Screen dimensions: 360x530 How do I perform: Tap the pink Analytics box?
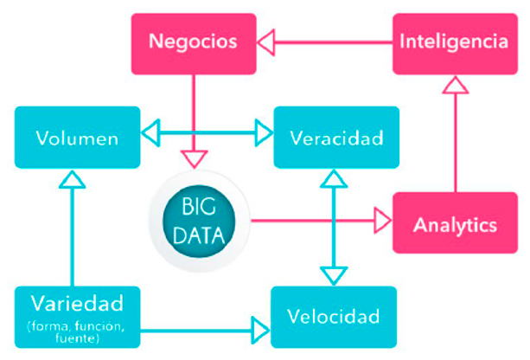tap(456, 225)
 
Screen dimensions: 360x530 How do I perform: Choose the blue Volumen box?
tap(77, 137)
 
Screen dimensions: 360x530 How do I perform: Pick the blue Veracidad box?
tap(336, 137)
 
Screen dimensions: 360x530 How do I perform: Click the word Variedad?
tap(77, 304)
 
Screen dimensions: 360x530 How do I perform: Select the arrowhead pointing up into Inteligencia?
tap(456, 85)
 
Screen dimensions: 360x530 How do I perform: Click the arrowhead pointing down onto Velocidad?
tap(333, 275)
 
